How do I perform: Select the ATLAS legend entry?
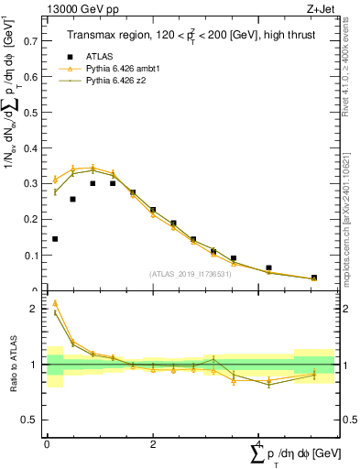98,55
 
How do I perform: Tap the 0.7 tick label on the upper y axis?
31,41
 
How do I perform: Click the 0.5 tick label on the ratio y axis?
31,420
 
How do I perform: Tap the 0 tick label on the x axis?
47,444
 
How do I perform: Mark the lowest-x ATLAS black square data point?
55,239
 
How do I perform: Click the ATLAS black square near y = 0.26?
72,199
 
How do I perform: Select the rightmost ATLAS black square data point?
313,278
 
